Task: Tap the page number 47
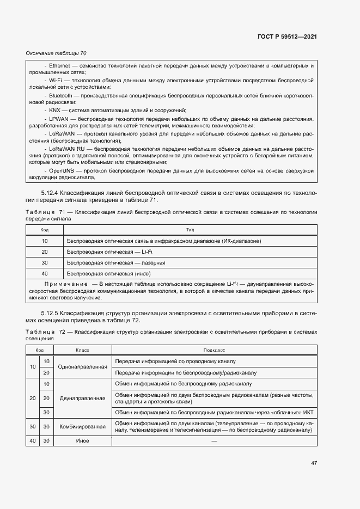(x=314, y=463)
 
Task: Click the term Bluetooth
(x=60, y=95)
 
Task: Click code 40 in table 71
(x=45, y=273)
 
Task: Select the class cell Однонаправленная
(x=82, y=367)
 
